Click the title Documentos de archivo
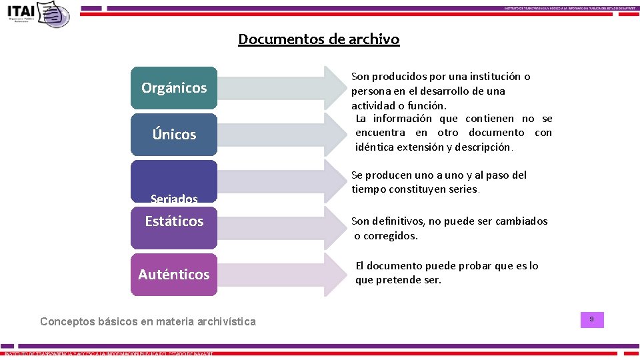pyautogui.click(x=319, y=39)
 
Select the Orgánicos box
pyautogui.click(x=174, y=88)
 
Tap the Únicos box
pyautogui.click(x=174, y=135)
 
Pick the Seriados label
pyautogui.click(x=174, y=199)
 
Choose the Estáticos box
pyautogui.click(x=174, y=221)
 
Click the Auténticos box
pyautogui.click(x=174, y=275)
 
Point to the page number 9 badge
pyautogui.click(x=591, y=321)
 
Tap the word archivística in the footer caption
pyautogui.click(x=225, y=321)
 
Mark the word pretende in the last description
pyautogui.click(x=395, y=280)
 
